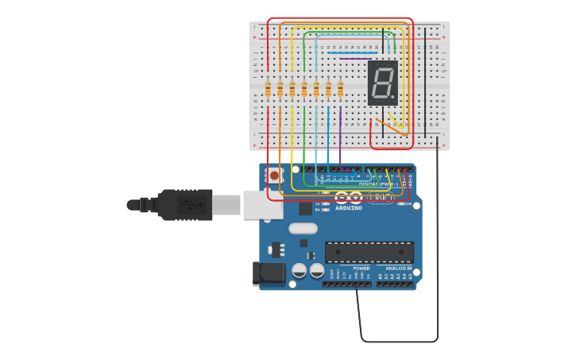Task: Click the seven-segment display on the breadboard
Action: pos(383,83)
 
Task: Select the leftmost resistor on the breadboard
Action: pos(268,89)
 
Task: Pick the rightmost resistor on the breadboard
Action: pos(340,89)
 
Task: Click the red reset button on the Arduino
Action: pos(274,175)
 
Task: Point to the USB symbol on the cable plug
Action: pos(186,205)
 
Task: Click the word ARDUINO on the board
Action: pos(349,208)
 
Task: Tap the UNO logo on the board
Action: pos(382,197)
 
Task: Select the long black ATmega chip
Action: pos(369,252)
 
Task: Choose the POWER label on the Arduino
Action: pos(361,269)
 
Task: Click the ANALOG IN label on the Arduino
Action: pos(398,269)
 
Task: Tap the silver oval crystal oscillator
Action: pos(303,229)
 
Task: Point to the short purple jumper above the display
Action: pos(355,58)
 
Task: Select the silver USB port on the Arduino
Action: pos(261,204)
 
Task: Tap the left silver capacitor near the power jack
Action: pos(300,270)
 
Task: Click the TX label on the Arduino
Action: pos(318,203)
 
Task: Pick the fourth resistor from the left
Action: pos(304,89)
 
